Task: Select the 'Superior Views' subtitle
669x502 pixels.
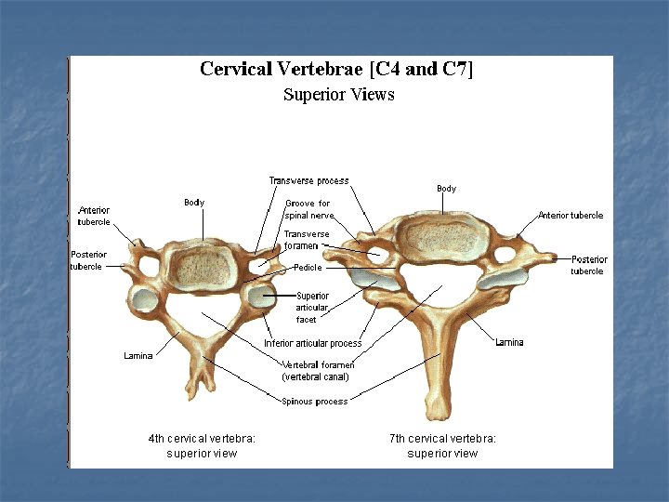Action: point(338,95)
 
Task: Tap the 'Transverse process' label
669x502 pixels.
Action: point(308,180)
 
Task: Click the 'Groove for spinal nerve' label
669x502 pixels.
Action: point(307,209)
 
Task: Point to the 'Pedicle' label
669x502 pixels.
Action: point(308,268)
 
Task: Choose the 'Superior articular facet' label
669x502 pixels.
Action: point(312,308)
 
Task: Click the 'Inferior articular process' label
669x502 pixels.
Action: point(312,344)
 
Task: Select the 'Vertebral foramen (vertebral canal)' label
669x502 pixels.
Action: point(315,371)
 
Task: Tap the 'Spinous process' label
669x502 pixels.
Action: point(314,402)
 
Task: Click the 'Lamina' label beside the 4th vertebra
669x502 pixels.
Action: point(138,356)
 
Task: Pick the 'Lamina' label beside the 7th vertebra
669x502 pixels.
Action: point(509,342)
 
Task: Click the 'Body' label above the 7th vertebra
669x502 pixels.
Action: point(446,189)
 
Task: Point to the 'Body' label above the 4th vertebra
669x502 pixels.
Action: point(194,203)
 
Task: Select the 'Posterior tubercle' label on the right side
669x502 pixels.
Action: point(588,265)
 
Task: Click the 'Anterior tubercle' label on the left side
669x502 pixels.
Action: point(95,216)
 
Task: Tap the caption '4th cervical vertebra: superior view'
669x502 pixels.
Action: point(202,445)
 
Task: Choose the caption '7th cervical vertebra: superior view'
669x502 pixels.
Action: point(442,445)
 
